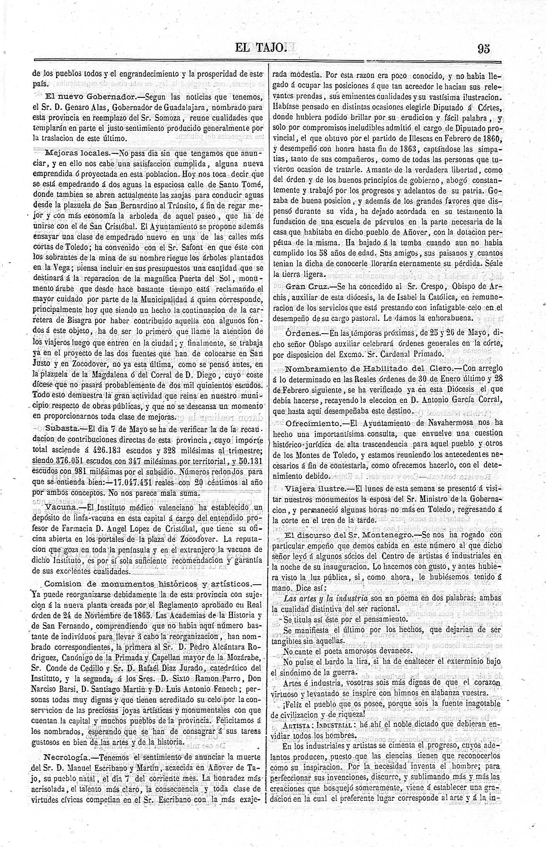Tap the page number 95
[x=484, y=49]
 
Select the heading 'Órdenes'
[x=303, y=333]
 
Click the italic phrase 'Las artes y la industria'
[x=325, y=598]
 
